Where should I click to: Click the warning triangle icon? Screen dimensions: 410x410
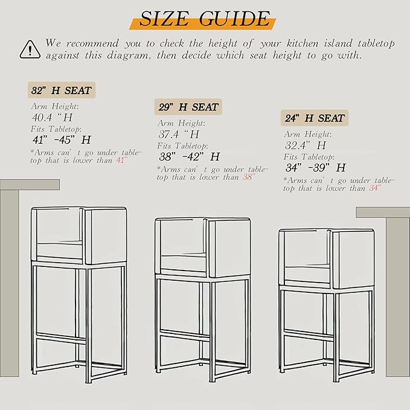pos(30,50)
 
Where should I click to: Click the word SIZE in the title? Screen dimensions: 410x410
pos(164,19)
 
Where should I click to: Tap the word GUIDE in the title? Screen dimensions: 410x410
pos(234,19)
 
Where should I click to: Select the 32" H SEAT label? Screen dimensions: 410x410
pos(62,90)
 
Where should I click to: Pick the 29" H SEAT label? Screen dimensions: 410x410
pos(188,107)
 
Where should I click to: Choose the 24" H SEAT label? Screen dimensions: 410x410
pos(315,118)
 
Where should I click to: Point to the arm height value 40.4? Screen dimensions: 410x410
pos(42,117)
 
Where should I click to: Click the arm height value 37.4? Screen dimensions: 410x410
pos(168,135)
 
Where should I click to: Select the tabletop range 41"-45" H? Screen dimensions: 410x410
pos(62,139)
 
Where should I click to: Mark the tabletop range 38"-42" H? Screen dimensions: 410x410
pos(189,156)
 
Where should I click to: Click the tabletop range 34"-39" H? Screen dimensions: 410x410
pos(316,168)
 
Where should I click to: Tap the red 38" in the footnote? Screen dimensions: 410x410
pos(249,177)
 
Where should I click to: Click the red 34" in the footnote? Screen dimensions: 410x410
pos(375,188)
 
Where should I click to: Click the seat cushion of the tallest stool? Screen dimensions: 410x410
pos(60,249)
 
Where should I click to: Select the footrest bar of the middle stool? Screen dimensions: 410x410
pos(184,336)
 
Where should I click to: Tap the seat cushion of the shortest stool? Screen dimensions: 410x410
pos(307,274)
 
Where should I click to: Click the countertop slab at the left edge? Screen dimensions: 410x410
pos(30,185)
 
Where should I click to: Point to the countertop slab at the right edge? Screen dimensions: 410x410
pos(383,213)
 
